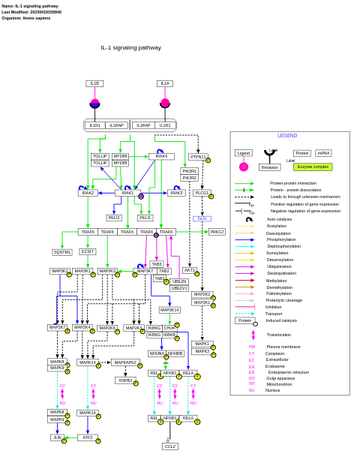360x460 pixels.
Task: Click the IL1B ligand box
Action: point(94,83)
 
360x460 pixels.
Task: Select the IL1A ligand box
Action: point(165,83)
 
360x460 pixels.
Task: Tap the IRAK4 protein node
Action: point(161,156)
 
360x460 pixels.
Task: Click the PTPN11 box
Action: point(198,157)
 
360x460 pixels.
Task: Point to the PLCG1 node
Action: point(202,193)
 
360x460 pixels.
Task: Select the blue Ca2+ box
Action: point(202,218)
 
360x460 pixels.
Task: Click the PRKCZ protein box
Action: point(217,232)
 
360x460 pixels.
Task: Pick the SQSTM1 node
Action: point(62,252)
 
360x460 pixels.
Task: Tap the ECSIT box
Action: point(88,251)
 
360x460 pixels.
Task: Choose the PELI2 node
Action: point(114,218)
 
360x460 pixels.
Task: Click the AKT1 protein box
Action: point(190,270)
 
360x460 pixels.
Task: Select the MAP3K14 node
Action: point(169,310)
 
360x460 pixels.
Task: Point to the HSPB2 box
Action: point(124,380)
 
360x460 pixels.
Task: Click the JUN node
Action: point(57,437)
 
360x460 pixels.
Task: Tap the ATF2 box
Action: point(87,437)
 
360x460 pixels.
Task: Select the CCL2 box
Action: point(170,446)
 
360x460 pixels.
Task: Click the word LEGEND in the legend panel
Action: point(287,136)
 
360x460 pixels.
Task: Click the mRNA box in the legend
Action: point(323,153)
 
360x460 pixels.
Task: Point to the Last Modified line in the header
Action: point(31,12)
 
